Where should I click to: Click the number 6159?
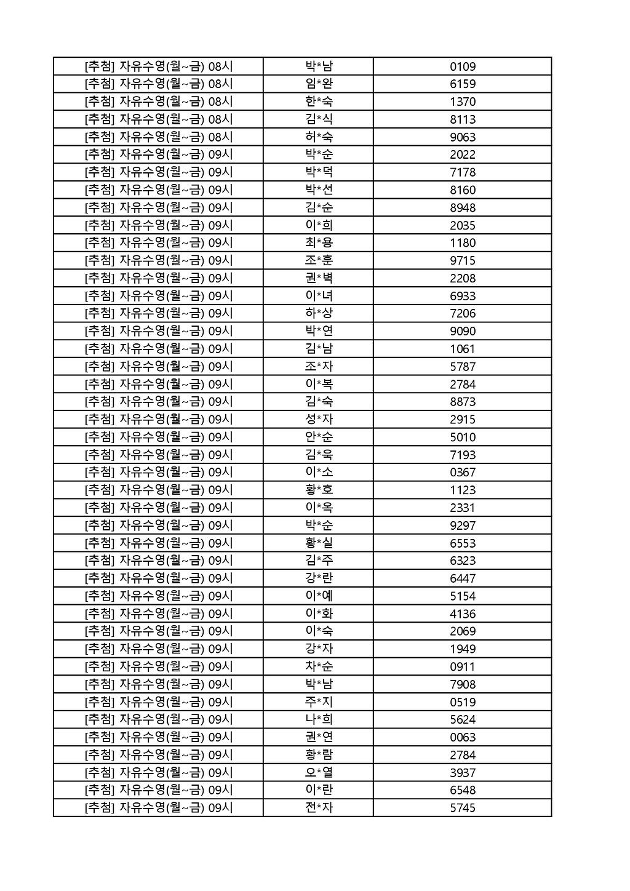[463, 84]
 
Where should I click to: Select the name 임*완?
[319, 84]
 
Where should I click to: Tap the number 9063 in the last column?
[463, 137]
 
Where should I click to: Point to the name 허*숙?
[319, 137]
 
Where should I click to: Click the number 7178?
[463, 172]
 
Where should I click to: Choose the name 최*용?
[319, 242]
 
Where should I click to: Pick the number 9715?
[463, 261]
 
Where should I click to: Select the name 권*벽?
[319, 278]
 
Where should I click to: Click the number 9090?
[463, 331]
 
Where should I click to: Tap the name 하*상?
[319, 313]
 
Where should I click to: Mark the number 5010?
[463, 438]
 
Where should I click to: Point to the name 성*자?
[319, 419]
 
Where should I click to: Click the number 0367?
[463, 473]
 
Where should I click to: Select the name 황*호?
[319, 490]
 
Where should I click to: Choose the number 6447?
[463, 578]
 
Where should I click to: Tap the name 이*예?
[319, 596]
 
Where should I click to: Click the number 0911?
[463, 666]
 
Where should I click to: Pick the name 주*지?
[319, 701]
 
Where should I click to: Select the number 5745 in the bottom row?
[463, 808]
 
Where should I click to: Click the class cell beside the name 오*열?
[159, 772]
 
